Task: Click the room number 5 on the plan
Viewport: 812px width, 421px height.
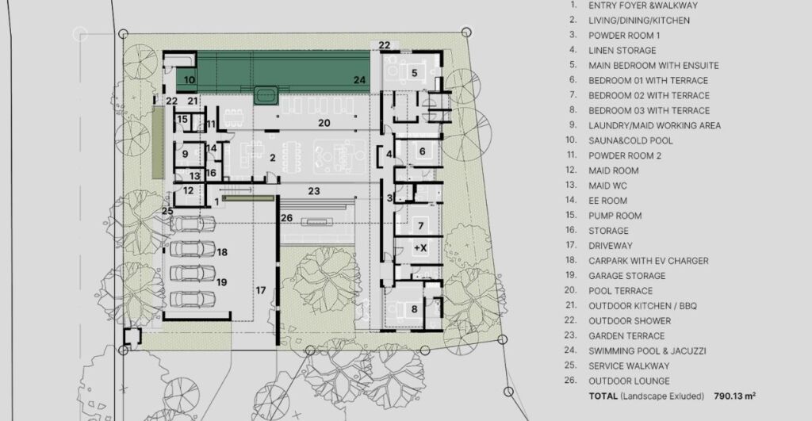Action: tap(414, 73)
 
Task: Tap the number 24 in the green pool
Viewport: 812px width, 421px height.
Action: tap(360, 80)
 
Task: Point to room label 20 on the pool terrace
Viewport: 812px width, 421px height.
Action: tap(324, 123)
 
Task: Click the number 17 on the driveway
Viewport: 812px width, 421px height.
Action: tap(260, 290)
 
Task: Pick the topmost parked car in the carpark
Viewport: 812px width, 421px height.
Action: tap(193, 224)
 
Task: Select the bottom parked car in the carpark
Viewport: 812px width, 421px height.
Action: tap(193, 299)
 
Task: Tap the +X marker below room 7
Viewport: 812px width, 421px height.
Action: tap(420, 248)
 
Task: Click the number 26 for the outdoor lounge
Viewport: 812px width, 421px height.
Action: tap(286, 218)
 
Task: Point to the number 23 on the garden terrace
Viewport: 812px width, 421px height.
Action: tap(314, 191)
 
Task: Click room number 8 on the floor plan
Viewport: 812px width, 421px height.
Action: tap(414, 309)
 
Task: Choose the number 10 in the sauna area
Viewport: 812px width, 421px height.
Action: tap(190, 80)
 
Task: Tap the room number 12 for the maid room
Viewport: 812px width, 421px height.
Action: tap(188, 190)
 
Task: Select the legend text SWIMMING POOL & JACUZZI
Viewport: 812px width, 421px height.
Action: tap(647, 350)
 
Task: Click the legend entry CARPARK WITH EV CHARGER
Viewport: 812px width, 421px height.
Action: tap(649, 261)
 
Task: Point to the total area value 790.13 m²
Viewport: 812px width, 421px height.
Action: tap(734, 396)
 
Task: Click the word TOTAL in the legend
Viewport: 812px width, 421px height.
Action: tap(603, 396)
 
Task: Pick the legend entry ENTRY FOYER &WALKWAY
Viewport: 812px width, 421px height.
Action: tap(642, 6)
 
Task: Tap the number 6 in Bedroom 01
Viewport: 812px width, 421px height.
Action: tap(423, 151)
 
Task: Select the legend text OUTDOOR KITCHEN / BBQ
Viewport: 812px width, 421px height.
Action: tap(642, 305)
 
